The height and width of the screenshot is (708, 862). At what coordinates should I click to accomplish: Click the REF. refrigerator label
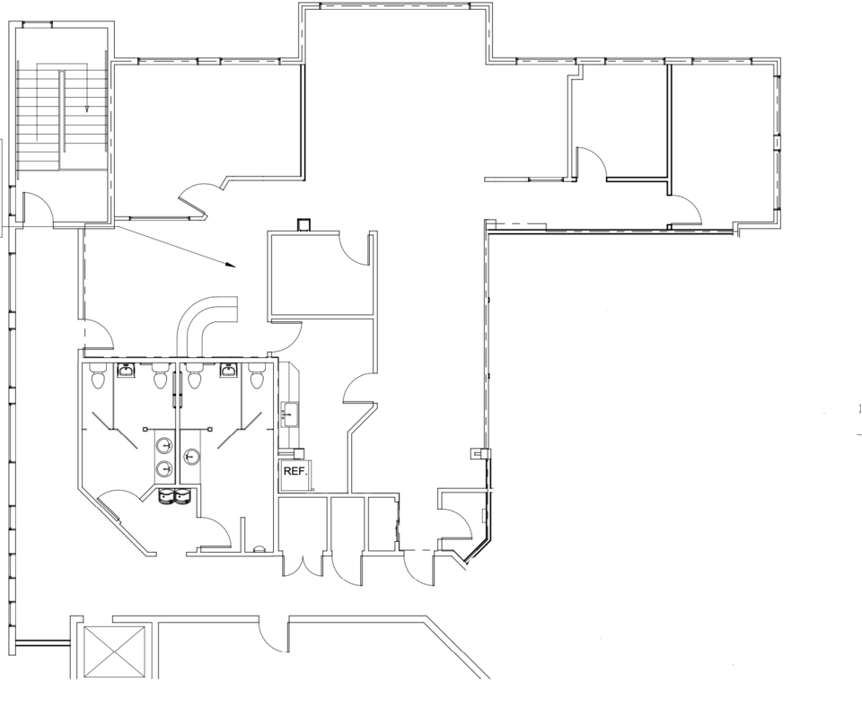[x=295, y=471]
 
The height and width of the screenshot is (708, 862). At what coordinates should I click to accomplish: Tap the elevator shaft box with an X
[x=113, y=651]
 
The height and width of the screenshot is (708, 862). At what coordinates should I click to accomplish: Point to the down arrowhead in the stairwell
[x=86, y=109]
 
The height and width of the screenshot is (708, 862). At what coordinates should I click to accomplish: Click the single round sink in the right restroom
[x=190, y=456]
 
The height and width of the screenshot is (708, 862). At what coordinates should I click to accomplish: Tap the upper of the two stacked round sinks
[x=163, y=445]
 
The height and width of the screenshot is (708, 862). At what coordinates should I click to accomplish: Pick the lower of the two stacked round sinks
[x=163, y=468]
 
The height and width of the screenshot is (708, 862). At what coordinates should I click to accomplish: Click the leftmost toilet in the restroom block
[x=98, y=376]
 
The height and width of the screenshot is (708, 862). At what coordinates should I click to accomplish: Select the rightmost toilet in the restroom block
[x=256, y=376]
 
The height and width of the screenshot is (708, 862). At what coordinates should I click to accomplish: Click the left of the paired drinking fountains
[x=166, y=496]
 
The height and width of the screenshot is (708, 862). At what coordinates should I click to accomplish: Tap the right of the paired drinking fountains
[x=182, y=496]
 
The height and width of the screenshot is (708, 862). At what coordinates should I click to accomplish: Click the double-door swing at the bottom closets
[x=302, y=565]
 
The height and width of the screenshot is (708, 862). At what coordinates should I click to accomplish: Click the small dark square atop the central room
[x=303, y=224]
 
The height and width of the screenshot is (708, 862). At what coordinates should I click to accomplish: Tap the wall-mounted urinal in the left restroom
[x=127, y=371]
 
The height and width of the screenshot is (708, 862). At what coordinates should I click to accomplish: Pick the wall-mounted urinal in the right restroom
[x=229, y=371]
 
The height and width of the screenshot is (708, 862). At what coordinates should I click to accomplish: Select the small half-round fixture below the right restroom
[x=258, y=547]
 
